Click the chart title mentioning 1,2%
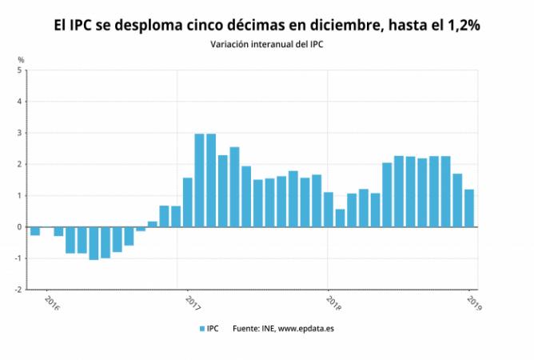267,26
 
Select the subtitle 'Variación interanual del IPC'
267,45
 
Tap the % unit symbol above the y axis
21,60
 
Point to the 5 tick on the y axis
19,70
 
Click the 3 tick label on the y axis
19,133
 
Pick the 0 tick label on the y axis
19,227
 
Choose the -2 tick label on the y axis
18,290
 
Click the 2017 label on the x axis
193,303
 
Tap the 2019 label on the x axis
474,303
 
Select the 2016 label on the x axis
52,303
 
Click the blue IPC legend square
202,329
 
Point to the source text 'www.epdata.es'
306,329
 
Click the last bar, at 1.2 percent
469,208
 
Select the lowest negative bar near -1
94,243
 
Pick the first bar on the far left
35,231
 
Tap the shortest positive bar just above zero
152,224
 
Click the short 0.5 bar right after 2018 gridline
340,218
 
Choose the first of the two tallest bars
199,180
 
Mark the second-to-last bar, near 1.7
457,201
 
